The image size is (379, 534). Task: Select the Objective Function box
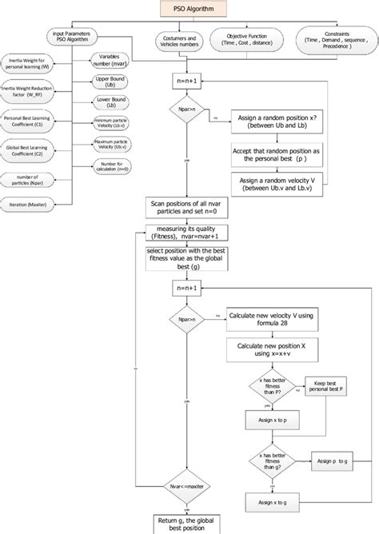click(244, 42)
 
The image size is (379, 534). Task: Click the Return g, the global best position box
click(189, 523)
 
